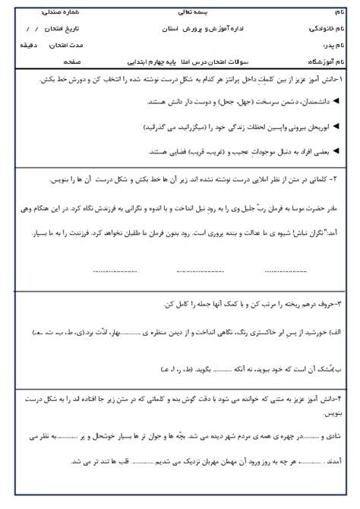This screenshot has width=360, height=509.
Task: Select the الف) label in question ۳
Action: [336, 332]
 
